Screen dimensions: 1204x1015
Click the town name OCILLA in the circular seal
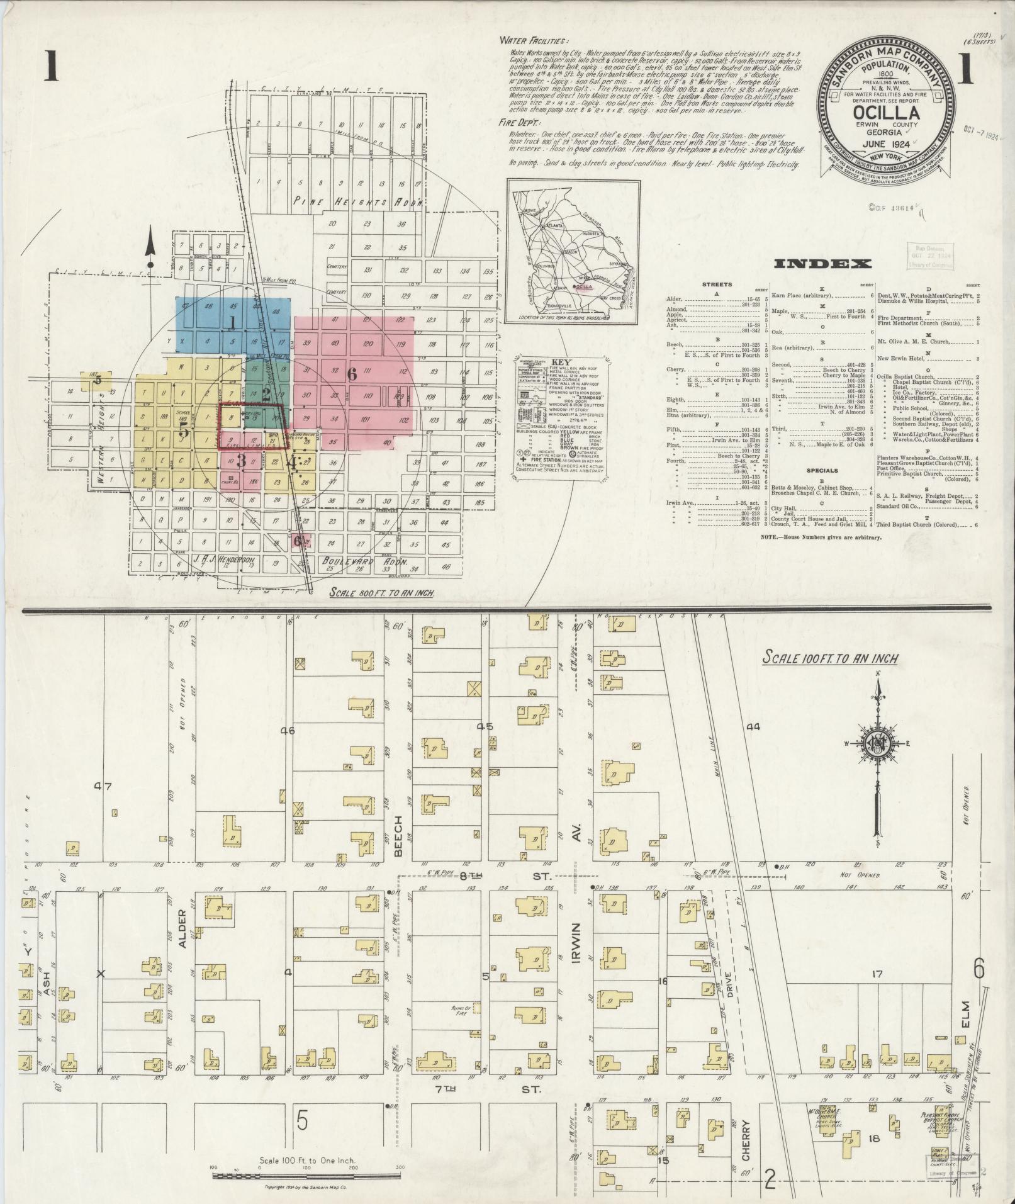click(887, 113)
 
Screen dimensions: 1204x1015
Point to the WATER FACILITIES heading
click(534, 41)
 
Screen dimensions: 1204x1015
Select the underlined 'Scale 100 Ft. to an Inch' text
click(830, 658)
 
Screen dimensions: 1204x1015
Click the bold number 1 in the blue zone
click(232, 323)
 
